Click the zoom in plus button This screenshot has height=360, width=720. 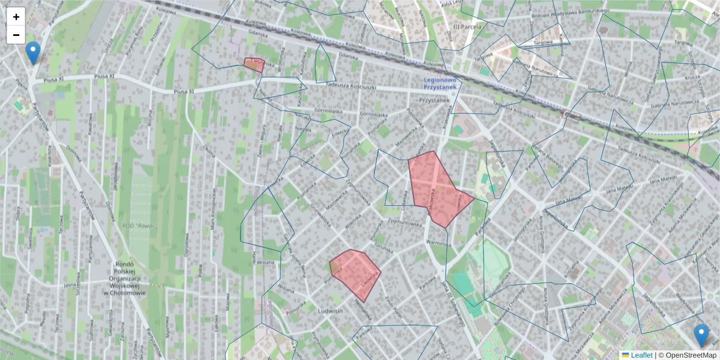(x=16, y=17)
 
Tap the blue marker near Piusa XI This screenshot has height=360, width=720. (x=34, y=53)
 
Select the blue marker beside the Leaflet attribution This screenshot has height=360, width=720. (x=701, y=335)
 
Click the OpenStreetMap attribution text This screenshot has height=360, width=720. (x=691, y=355)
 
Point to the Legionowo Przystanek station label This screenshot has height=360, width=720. (x=439, y=83)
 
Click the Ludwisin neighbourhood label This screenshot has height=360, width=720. (x=330, y=311)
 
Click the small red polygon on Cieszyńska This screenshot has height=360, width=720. (x=254, y=64)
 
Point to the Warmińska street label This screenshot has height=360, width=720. (x=437, y=244)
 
